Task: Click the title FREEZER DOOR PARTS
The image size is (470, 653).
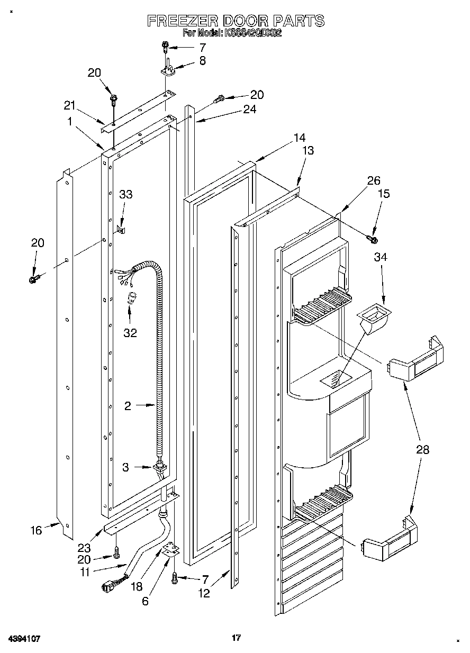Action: point(235,21)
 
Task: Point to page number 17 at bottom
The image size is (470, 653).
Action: point(236,638)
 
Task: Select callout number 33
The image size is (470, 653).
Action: point(125,195)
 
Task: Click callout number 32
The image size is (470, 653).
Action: point(130,333)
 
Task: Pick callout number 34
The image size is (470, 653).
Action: point(380,257)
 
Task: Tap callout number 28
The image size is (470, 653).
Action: point(422,450)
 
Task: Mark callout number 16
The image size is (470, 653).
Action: point(36,530)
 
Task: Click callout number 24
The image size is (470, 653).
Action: point(249,110)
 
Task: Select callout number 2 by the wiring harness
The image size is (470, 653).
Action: point(128,406)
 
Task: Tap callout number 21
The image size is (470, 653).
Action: point(70,105)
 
